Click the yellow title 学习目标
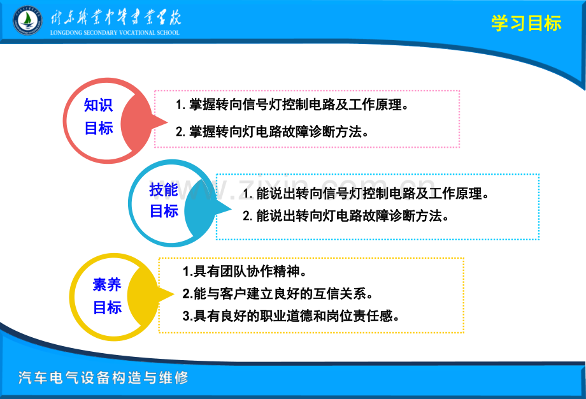[526, 24]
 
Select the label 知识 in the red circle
[99, 105]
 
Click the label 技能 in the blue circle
[164, 189]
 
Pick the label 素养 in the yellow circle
[107, 284]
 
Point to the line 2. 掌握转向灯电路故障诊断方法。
[273, 132]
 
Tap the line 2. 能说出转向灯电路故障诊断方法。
[346, 215]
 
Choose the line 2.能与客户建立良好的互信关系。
[277, 294]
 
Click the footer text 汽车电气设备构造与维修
[104, 377]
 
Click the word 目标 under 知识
[99, 128]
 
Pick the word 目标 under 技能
[164, 211]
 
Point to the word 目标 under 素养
[107, 307]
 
